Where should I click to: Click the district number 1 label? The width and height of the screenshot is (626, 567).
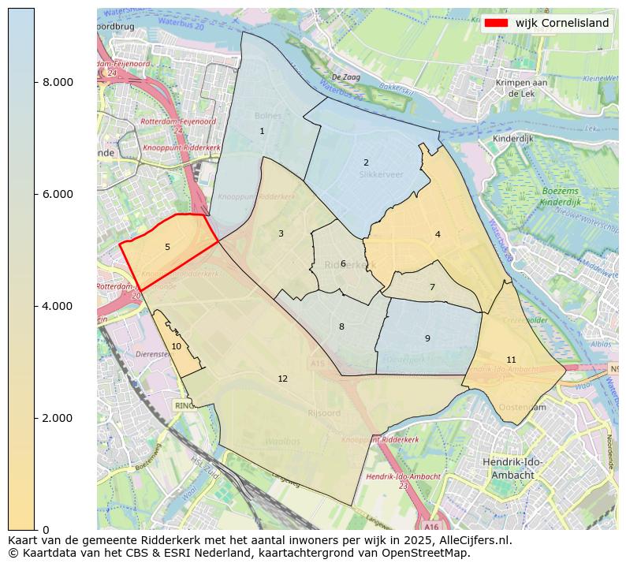[262, 132]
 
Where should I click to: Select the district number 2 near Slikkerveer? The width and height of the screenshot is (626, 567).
[366, 163]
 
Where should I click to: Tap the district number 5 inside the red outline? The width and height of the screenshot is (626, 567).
[167, 248]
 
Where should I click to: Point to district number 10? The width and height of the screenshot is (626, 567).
[176, 346]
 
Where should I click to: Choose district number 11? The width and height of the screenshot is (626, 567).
[511, 360]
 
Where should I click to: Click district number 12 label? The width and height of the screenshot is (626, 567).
[282, 379]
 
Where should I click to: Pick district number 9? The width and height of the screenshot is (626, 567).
[427, 339]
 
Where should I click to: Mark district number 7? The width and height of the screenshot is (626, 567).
[432, 288]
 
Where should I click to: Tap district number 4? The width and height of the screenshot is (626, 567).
[438, 235]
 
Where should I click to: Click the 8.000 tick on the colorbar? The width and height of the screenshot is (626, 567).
[58, 82]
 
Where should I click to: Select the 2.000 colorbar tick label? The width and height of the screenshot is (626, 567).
[58, 418]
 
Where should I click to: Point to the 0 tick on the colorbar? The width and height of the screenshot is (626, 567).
[46, 529]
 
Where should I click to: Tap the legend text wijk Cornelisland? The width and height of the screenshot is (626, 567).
[562, 23]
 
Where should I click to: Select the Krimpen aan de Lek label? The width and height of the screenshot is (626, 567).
[521, 88]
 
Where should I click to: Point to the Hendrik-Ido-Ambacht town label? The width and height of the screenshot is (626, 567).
[512, 469]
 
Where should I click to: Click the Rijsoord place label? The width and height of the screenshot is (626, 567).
[324, 412]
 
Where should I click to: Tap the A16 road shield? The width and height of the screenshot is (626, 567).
[430, 526]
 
